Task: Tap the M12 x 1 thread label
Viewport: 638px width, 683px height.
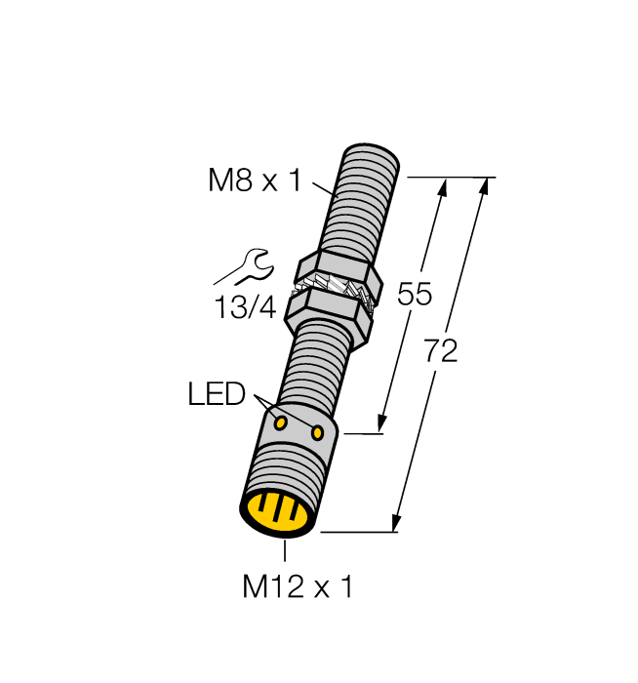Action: [297, 586]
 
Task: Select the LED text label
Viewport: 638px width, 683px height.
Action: [216, 395]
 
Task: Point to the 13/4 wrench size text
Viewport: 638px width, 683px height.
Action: [245, 308]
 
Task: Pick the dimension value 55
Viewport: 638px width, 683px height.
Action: [415, 295]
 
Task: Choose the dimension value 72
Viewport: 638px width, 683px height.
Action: [441, 352]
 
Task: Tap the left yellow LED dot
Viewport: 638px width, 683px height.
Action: [281, 422]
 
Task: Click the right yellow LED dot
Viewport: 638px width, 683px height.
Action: [317, 432]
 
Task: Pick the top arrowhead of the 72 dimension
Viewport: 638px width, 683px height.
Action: [483, 185]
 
